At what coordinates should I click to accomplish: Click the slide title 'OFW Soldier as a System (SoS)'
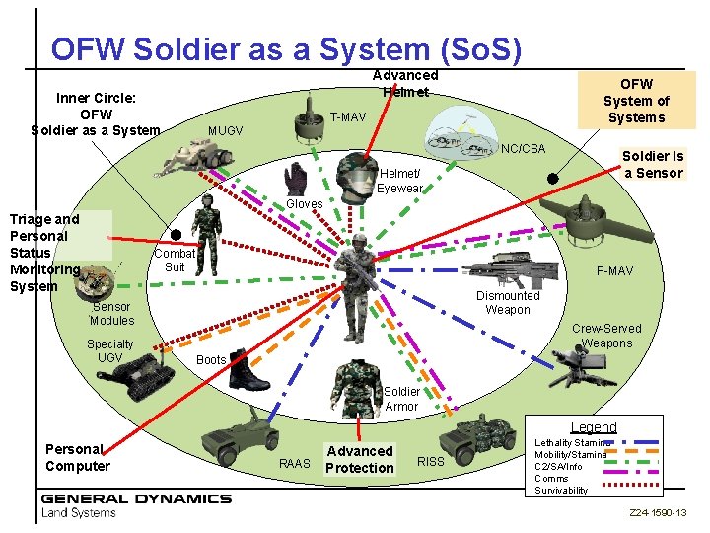coord(286,48)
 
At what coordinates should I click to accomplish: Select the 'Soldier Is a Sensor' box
coord(653,164)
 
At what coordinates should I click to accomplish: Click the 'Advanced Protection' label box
coord(360,459)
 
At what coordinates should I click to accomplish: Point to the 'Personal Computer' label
coord(78,458)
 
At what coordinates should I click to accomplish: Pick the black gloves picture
coord(294,178)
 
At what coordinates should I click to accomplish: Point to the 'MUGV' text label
coord(225,131)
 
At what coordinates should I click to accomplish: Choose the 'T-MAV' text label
coord(348,117)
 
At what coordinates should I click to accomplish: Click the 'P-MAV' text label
coord(614,271)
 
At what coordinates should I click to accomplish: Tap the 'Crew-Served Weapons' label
coord(606,336)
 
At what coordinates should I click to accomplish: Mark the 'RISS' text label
coord(432,460)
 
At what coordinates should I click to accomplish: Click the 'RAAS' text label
coord(295,462)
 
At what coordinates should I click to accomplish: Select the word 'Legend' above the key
coord(594,427)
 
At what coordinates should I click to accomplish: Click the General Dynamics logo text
coord(136,497)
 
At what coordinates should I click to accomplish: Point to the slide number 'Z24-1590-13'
coord(659,514)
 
